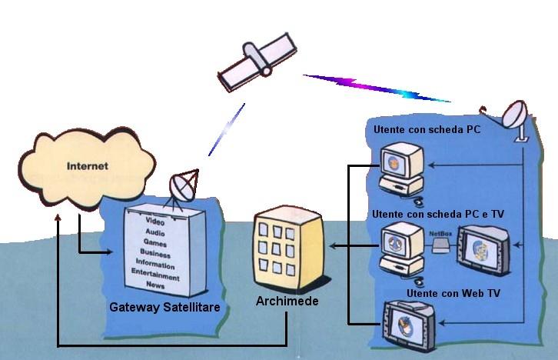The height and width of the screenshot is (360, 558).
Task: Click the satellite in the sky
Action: point(257,62)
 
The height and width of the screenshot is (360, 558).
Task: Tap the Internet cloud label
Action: point(87,165)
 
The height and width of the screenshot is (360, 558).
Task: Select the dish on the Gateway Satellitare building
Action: point(183,186)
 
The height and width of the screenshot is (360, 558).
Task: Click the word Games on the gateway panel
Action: point(155,242)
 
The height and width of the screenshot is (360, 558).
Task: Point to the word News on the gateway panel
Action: point(155,285)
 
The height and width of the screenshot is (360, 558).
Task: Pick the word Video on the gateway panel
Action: point(155,222)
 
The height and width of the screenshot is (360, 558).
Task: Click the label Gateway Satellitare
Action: point(165,308)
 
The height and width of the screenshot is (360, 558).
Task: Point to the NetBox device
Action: point(440,245)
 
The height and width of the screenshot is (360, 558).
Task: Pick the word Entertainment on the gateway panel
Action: point(155,275)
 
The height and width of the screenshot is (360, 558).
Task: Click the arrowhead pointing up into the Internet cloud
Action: point(58,218)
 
